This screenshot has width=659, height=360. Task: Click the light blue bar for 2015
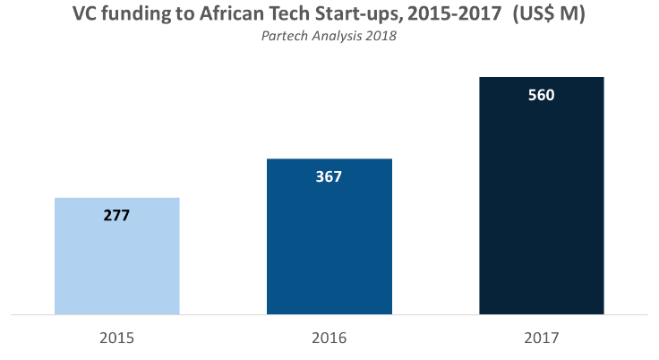click(x=116, y=256)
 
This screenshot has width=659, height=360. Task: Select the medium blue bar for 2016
click(x=329, y=236)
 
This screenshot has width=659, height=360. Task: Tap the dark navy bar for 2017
click(x=542, y=195)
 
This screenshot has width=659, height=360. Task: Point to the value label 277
click(x=116, y=215)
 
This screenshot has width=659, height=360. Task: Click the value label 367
click(x=329, y=176)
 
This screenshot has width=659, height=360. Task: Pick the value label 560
click(x=542, y=95)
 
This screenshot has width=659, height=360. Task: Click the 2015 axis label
click(x=116, y=338)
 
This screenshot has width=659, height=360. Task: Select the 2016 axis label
click(x=329, y=338)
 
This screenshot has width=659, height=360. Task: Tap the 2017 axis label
click(x=542, y=338)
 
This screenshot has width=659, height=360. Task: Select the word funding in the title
click(x=136, y=14)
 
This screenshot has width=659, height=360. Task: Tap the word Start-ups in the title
click(x=358, y=14)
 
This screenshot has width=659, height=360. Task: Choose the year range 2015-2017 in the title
click(x=455, y=13)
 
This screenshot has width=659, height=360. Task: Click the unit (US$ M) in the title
click(x=549, y=14)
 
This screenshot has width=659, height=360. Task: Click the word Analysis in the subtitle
click(x=337, y=37)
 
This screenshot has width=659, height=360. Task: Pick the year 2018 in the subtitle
click(x=381, y=36)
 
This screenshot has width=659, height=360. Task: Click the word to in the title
click(x=184, y=14)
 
